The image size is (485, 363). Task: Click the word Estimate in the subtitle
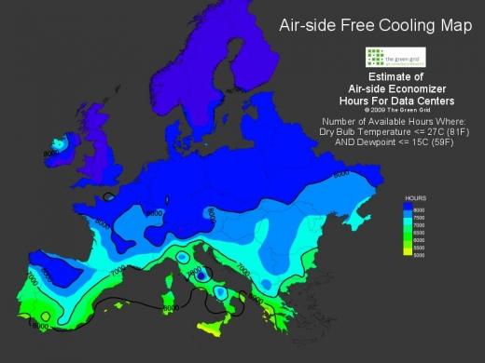pos(383,77)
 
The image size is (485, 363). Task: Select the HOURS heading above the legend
pos(416,199)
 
